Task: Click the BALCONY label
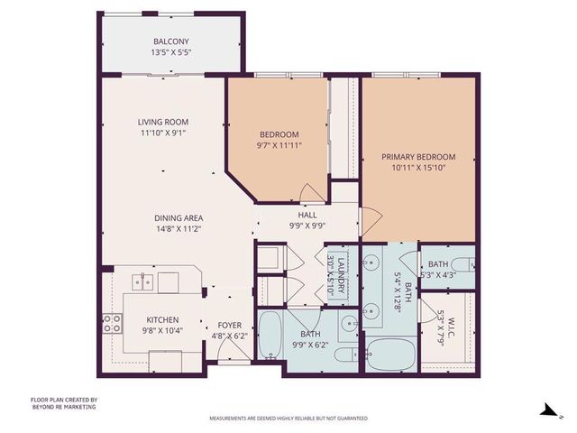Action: [170, 41]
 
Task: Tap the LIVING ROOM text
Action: [163, 122]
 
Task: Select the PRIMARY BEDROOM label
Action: [418, 156]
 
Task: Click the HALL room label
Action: [307, 215]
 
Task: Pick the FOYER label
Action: [230, 325]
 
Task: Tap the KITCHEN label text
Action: [163, 319]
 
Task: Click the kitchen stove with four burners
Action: [112, 323]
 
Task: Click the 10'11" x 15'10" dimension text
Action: [418, 168]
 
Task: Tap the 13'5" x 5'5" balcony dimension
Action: [170, 53]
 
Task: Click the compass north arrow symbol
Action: [545, 411]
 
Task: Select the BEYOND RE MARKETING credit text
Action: [63, 407]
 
